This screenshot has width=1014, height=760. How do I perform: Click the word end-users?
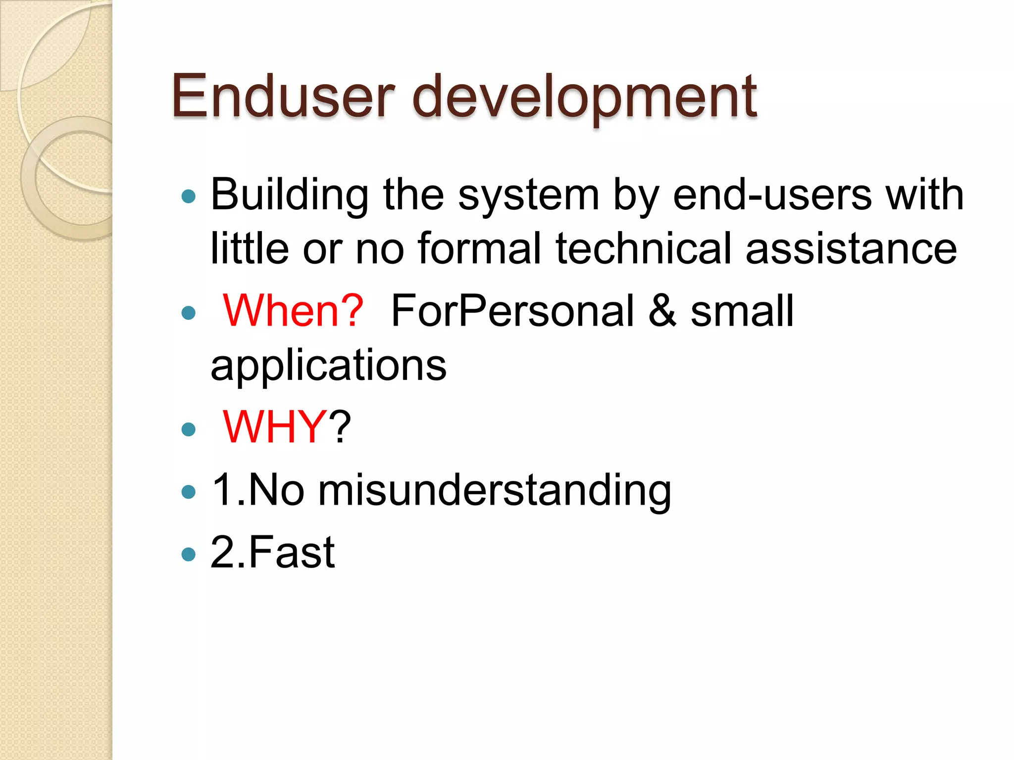click(x=772, y=194)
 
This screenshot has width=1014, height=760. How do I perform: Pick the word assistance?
click(x=851, y=249)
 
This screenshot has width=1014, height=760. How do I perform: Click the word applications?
click(x=328, y=366)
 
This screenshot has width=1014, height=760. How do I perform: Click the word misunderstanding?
click(x=494, y=490)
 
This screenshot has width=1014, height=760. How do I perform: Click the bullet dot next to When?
click(x=189, y=313)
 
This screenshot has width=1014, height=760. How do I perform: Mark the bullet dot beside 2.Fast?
click(x=189, y=554)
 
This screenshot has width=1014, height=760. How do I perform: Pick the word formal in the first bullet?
click(x=479, y=248)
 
